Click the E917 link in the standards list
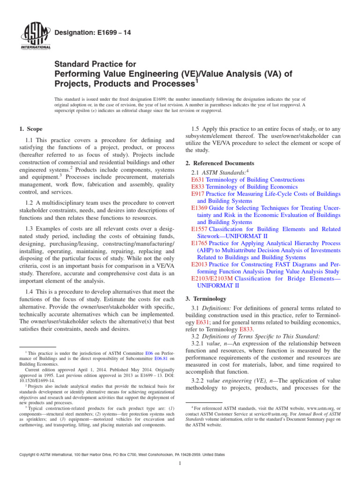[x=198, y=194]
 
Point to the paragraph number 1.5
[x=197, y=129]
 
